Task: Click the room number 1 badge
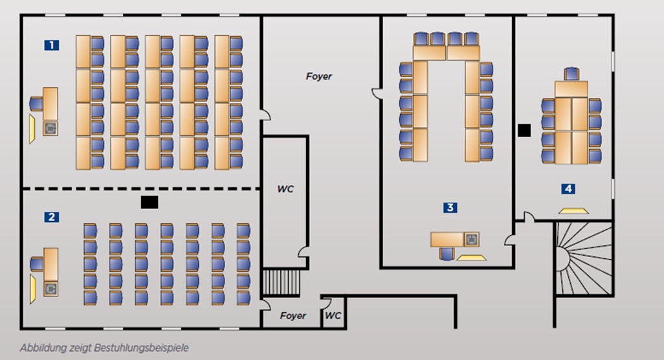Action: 51,45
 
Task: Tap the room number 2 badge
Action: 51,218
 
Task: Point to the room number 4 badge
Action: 568,189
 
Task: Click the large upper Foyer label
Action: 318,76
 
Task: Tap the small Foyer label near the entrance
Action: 293,316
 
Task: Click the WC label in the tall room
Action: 285,190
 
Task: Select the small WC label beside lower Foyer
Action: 333,316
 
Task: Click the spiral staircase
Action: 582,257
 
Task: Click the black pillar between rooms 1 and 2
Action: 149,203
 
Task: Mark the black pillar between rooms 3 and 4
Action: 524,130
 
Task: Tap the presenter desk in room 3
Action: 448,240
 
